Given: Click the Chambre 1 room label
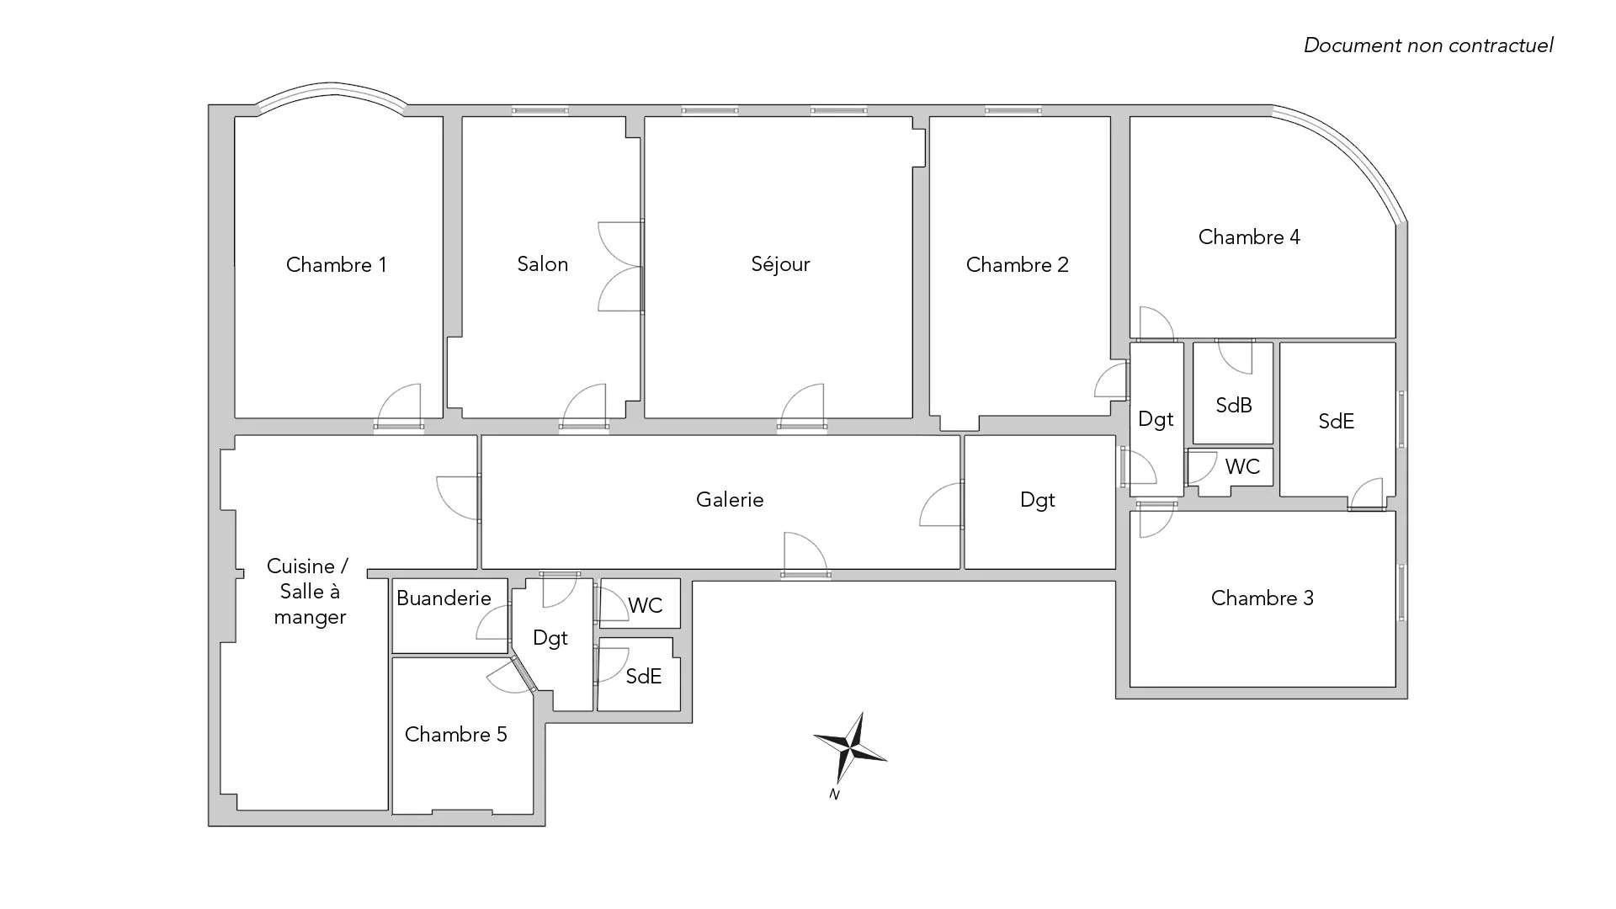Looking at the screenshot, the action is [336, 265].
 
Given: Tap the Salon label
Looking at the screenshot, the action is [543, 264].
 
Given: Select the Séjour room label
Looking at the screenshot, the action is [780, 264].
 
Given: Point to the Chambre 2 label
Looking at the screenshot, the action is [1017, 265].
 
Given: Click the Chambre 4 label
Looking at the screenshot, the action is [1249, 237].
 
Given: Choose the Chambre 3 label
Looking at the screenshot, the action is [1262, 598].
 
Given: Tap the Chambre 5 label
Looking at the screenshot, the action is [455, 735].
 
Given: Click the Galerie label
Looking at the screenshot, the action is [730, 500].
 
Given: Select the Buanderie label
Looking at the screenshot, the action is [444, 598].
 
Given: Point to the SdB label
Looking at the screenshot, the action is [1234, 406].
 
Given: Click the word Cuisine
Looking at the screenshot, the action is [300, 566].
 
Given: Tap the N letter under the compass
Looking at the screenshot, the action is [834, 794].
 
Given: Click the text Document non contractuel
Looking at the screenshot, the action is [1428, 45].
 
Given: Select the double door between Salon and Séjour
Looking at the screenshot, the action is [621, 267].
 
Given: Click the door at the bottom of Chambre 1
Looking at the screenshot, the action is [398, 407].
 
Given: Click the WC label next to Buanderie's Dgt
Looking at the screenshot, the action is [646, 606].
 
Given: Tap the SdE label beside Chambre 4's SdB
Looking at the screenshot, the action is [1336, 422].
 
